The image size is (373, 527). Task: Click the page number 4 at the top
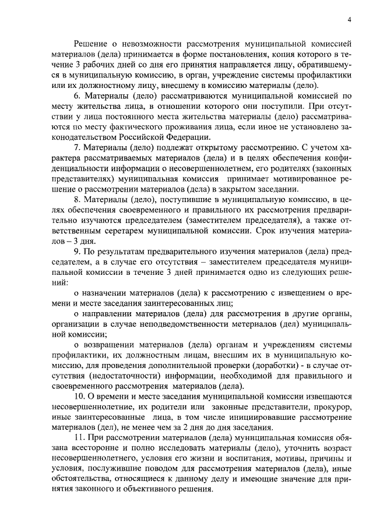pyautogui.click(x=349, y=19)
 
